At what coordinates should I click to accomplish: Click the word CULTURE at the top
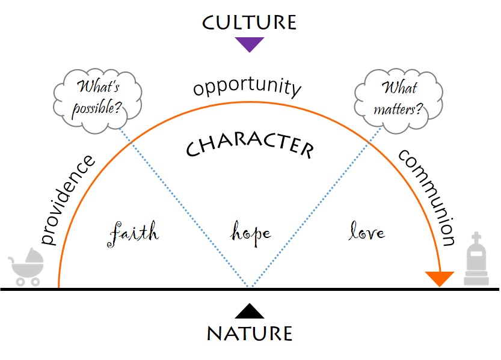tap(249, 23)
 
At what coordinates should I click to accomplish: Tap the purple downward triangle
tap(250, 44)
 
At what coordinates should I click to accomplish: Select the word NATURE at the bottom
tap(250, 333)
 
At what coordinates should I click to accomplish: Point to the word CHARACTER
tap(250, 146)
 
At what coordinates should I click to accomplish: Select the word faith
tap(134, 232)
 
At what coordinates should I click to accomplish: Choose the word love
tap(367, 231)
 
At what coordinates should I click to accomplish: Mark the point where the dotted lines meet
tap(250, 287)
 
